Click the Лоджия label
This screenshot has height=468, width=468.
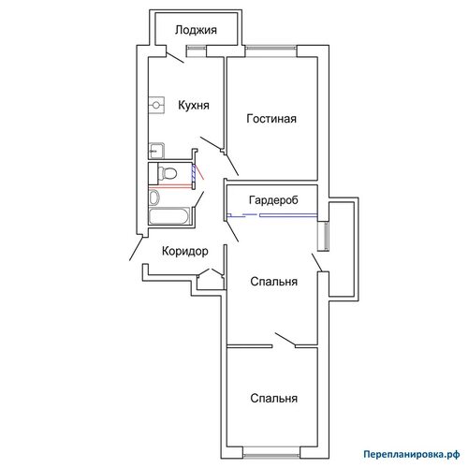click(196, 30)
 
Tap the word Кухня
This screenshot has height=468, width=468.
click(194, 105)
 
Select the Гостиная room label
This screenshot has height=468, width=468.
click(271, 119)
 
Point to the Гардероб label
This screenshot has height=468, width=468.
click(273, 200)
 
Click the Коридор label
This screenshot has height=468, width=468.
click(185, 251)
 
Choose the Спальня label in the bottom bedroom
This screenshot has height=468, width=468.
click(273, 398)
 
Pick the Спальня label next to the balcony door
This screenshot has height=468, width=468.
click(273, 282)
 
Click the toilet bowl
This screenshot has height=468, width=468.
click(168, 173)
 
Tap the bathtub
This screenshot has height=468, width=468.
click(168, 216)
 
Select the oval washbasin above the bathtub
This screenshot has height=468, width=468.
click(154, 197)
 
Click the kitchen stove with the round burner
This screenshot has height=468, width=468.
click(156, 105)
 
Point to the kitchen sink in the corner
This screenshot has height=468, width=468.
click(156, 151)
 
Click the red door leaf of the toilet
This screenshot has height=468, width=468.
click(199, 172)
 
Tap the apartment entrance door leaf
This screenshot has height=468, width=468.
click(137, 248)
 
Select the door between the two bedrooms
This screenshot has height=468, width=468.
click(285, 340)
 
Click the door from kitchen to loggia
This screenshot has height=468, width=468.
click(174, 57)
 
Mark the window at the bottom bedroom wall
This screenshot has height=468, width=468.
click(271, 456)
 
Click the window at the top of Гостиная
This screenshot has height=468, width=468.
click(271, 48)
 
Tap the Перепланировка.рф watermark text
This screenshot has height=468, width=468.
click(412, 454)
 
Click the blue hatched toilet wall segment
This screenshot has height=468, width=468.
click(194, 173)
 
